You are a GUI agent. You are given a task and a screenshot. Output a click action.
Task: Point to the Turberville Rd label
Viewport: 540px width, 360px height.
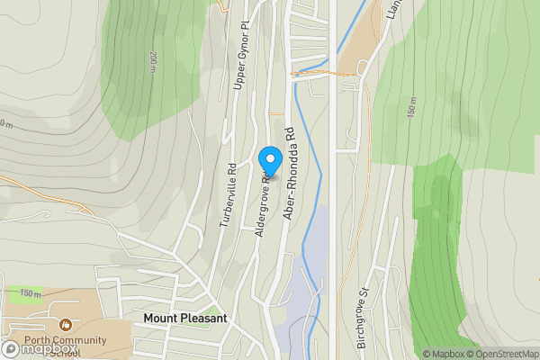coord(228,193)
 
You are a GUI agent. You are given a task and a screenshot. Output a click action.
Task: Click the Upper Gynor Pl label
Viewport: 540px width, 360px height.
coord(240,55)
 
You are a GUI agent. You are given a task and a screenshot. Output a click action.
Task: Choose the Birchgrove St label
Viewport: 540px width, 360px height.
coord(364,318)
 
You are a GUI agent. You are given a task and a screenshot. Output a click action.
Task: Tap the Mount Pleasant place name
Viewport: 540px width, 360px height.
coord(185,319)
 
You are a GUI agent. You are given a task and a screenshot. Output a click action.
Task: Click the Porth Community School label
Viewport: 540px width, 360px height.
coord(67,346)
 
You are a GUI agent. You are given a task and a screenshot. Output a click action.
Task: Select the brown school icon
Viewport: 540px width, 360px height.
coord(65,325)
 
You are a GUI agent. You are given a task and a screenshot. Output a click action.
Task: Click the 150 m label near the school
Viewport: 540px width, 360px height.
coord(31,293)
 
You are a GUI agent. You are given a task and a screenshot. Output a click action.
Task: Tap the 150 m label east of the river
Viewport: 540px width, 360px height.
coord(411,107)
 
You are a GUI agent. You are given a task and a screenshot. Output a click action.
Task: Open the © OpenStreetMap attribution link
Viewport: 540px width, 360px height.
coord(502,354)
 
